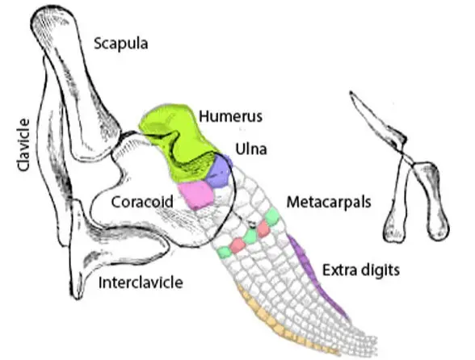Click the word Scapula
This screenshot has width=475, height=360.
click(121, 43)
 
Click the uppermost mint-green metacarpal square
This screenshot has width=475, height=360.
click(272, 216)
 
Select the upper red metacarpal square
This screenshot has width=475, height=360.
click(263, 228)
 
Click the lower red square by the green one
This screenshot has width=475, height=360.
click(238, 243)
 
